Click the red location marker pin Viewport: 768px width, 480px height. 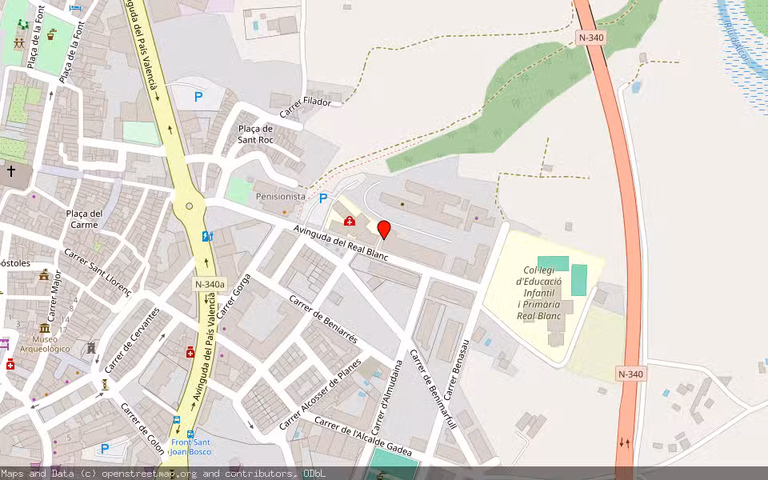click(x=384, y=230)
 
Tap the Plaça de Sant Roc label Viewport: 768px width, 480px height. click(x=255, y=134)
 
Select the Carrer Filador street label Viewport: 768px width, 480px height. click(x=306, y=101)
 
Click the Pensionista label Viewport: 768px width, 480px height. click(x=280, y=196)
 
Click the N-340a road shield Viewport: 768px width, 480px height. click(x=210, y=283)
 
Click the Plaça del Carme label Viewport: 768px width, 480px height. click(x=84, y=218)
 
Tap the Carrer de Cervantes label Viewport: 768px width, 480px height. click(x=132, y=339)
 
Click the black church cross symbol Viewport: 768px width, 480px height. click(x=11, y=170)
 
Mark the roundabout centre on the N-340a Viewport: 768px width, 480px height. click(x=189, y=206)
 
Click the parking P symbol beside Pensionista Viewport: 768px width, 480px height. click(x=323, y=198)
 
